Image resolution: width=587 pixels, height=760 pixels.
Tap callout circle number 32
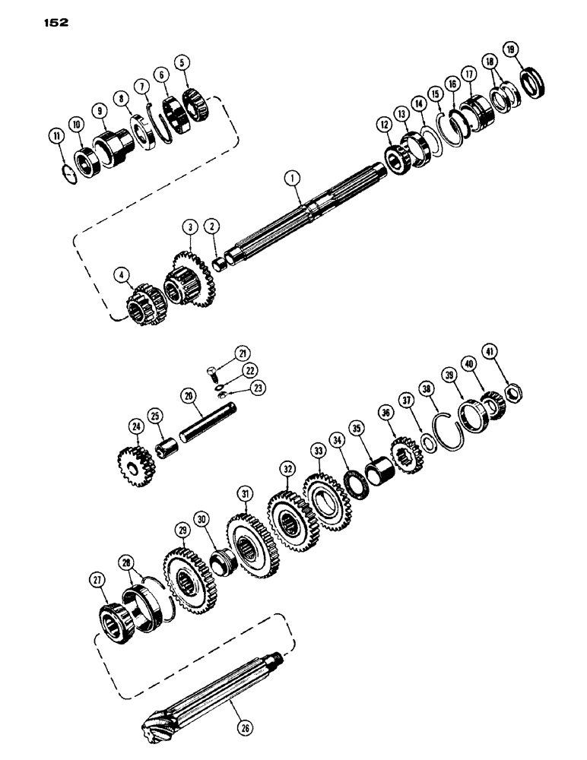(287, 468)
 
